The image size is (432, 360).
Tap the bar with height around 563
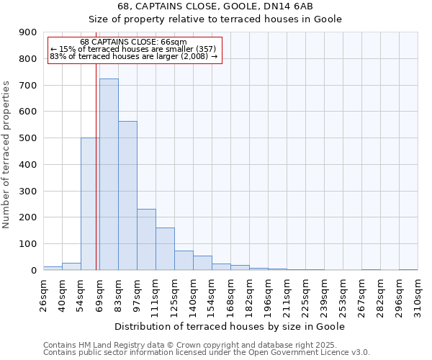(x=127, y=195)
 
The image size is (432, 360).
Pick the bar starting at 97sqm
(x=146, y=239)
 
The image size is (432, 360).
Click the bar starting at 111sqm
(x=165, y=248)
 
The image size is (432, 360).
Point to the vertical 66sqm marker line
(x=96, y=180)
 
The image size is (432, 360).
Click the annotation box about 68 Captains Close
(x=133, y=49)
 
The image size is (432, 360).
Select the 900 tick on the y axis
(x=28, y=32)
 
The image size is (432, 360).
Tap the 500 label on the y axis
(x=28, y=138)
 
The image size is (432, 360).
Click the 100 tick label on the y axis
(x=28, y=244)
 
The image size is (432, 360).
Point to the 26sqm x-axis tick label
(x=43, y=294)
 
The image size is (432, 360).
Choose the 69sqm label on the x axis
(x=99, y=294)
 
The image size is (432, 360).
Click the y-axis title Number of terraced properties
(x=7, y=155)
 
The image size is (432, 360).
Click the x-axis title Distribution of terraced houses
(x=230, y=326)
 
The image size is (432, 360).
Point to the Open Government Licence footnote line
(x=207, y=352)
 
